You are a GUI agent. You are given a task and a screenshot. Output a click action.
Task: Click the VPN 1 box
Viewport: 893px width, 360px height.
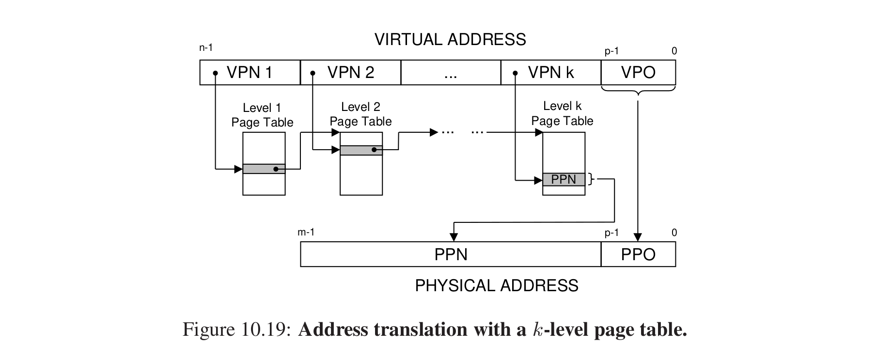click(x=250, y=73)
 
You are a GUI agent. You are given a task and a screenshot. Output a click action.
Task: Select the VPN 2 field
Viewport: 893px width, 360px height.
click(x=351, y=73)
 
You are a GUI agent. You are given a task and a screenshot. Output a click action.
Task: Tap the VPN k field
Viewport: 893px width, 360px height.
click(x=551, y=73)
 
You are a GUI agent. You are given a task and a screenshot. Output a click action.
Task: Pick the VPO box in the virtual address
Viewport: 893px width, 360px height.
click(x=638, y=73)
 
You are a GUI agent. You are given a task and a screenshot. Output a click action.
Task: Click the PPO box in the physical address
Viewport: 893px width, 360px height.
click(x=638, y=254)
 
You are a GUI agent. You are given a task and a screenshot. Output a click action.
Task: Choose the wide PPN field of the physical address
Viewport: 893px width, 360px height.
click(x=451, y=254)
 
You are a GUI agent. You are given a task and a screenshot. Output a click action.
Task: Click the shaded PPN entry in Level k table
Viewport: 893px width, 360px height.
click(x=564, y=180)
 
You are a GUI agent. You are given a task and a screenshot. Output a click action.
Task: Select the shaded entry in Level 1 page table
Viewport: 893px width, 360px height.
click(x=264, y=169)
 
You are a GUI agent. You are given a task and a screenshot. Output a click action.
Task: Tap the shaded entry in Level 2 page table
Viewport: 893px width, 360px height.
click(x=361, y=150)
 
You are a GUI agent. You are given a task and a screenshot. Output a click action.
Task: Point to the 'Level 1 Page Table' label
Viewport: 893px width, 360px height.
click(x=262, y=115)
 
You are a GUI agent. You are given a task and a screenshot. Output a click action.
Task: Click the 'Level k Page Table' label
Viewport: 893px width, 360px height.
click(x=562, y=113)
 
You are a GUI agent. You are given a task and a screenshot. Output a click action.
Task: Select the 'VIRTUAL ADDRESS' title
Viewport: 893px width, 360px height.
click(x=450, y=39)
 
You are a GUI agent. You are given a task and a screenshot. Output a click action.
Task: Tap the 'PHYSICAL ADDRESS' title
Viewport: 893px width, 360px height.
click(x=497, y=285)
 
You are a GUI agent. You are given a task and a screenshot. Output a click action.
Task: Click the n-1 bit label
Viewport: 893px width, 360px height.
click(x=206, y=47)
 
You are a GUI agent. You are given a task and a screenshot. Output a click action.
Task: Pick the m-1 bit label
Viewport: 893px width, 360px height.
click(x=306, y=233)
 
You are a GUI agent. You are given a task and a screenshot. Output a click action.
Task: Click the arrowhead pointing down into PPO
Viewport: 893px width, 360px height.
click(x=638, y=237)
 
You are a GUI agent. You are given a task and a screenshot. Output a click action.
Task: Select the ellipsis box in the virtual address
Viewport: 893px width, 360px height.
click(x=451, y=73)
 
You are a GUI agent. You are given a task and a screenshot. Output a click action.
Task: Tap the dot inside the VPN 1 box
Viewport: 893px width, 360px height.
click(x=215, y=74)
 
